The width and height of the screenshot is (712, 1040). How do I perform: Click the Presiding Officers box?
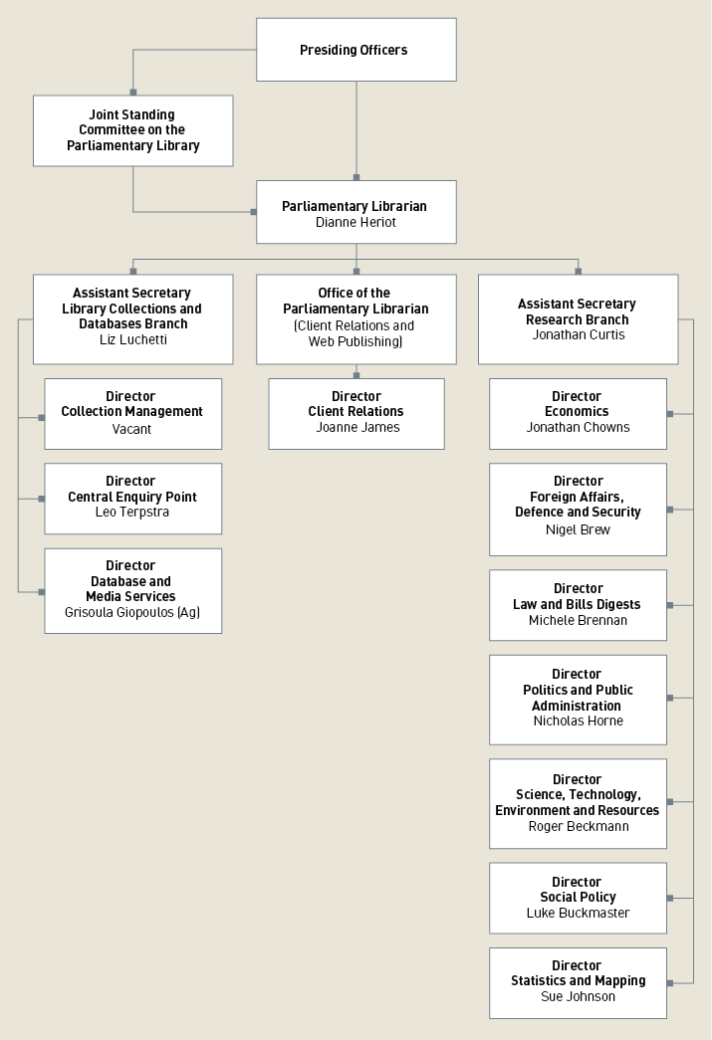pyautogui.click(x=356, y=50)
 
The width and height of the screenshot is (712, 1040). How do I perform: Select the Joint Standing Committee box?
pyautogui.click(x=132, y=130)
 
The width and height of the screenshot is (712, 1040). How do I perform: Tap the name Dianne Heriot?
pyautogui.click(x=356, y=223)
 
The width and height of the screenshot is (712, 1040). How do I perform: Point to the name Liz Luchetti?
pyautogui.click(x=132, y=339)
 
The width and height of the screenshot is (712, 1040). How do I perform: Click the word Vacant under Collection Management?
pyautogui.click(x=131, y=430)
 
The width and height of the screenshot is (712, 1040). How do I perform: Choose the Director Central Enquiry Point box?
pyautogui.click(x=132, y=498)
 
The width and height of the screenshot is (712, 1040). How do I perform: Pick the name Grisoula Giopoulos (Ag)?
pyautogui.click(x=132, y=613)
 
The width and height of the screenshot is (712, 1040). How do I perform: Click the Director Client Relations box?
pyautogui.click(x=356, y=413)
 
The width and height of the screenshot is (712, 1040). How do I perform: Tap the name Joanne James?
pyautogui.click(x=356, y=428)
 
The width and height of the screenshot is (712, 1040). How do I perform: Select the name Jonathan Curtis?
pyautogui.click(x=578, y=335)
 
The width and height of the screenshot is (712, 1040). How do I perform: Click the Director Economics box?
pyautogui.click(x=578, y=413)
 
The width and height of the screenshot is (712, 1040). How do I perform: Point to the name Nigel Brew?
pyautogui.click(x=578, y=529)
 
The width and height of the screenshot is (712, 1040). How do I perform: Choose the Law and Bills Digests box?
pyautogui.click(x=578, y=604)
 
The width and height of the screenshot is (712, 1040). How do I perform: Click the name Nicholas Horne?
pyautogui.click(x=578, y=722)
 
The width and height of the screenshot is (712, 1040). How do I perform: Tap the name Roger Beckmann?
pyautogui.click(x=578, y=827)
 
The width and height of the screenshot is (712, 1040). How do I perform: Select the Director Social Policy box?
pyautogui.click(x=578, y=897)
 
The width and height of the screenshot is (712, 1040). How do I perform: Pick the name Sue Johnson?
pyautogui.click(x=578, y=996)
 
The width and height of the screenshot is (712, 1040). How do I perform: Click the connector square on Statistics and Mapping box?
pyautogui.click(x=670, y=983)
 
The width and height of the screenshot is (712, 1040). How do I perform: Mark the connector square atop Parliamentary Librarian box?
pyautogui.click(x=356, y=178)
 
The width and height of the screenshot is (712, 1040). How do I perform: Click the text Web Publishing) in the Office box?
pyautogui.click(x=356, y=341)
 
